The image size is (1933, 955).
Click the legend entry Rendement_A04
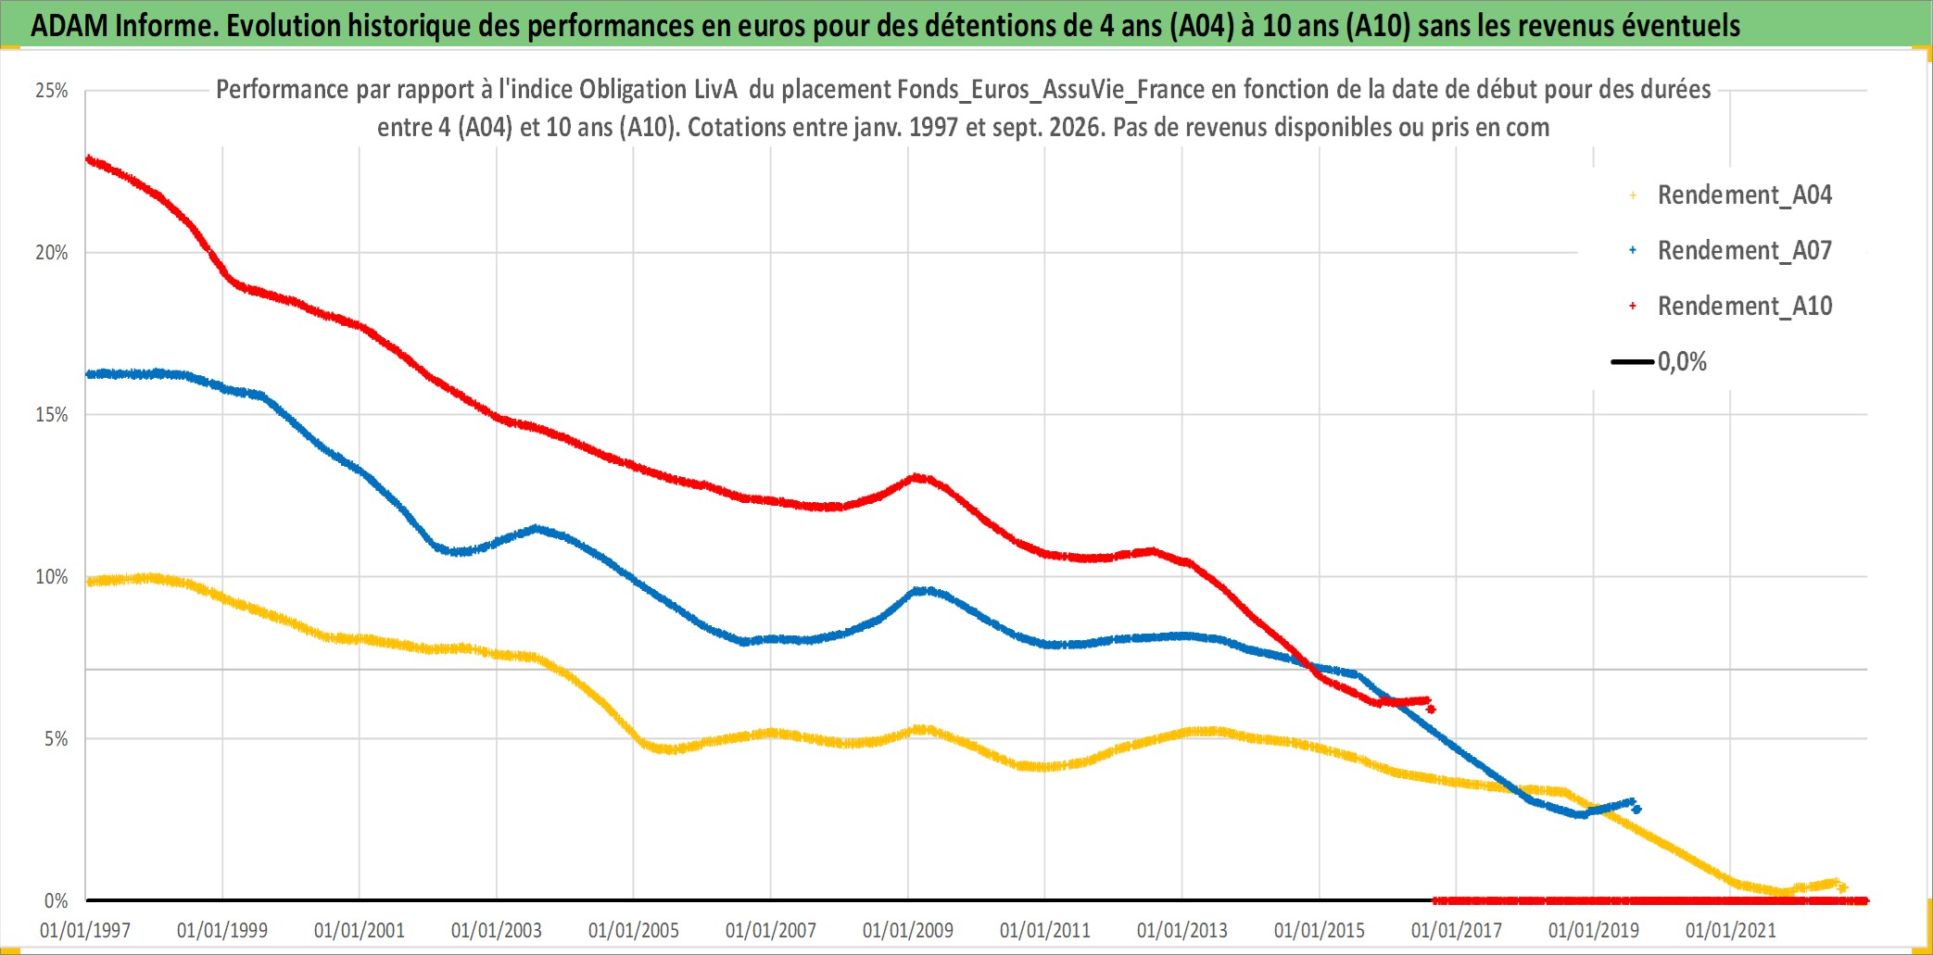tap(1731, 195)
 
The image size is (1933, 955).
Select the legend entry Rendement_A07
tap(1731, 251)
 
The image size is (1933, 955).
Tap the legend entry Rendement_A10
tap(1731, 307)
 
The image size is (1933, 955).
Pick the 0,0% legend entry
tap(1660, 361)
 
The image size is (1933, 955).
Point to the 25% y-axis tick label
tap(52, 91)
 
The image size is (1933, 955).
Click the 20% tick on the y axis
tap(52, 253)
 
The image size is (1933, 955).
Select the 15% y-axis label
tap(52, 415)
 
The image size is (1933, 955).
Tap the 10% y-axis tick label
tap(52, 577)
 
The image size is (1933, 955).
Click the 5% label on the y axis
tap(57, 739)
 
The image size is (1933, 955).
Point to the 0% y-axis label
tap(57, 901)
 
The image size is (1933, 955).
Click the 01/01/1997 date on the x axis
tap(85, 930)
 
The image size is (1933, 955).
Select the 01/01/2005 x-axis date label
tap(634, 930)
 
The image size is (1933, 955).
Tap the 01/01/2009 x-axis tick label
tap(908, 930)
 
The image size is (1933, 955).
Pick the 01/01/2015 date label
tap(1320, 930)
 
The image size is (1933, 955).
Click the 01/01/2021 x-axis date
tap(1731, 930)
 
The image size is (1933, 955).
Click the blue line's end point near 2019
tap(1637, 810)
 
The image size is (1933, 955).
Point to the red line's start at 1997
tap(88, 159)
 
